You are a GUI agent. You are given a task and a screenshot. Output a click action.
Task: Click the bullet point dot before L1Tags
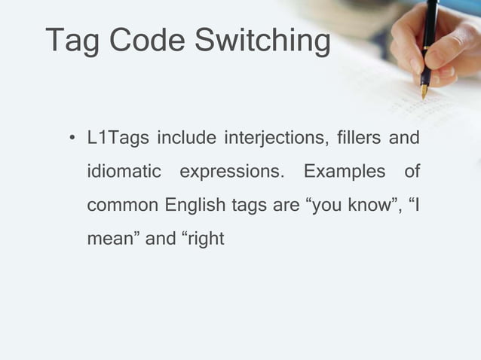pyautogui.click(x=70, y=140)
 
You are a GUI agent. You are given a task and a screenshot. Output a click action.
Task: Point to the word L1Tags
pyautogui.click(x=117, y=139)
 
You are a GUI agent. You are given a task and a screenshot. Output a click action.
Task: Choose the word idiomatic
pyautogui.click(x=124, y=172)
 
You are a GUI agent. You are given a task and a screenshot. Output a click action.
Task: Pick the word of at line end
pyautogui.click(x=412, y=172)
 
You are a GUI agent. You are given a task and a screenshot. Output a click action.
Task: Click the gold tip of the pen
pyautogui.click(x=424, y=91)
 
